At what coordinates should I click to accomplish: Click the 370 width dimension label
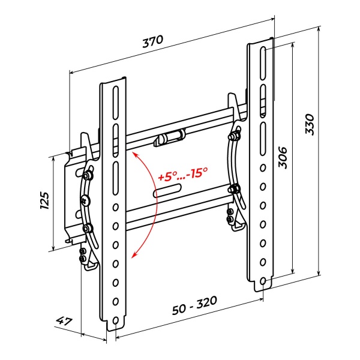[x=152, y=41]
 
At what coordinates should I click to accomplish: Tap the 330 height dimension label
[x=309, y=124]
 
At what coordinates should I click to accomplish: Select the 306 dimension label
[x=283, y=158]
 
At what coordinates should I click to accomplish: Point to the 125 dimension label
[x=45, y=200]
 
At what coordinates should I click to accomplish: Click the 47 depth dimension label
[x=64, y=321]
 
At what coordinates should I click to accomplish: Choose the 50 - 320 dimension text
[x=194, y=305]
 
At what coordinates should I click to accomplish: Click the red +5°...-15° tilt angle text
[x=183, y=174]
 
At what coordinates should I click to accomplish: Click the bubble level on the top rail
[x=170, y=137]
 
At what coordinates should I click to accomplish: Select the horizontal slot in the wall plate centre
[x=167, y=191]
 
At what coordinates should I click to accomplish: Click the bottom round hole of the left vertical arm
[x=115, y=320]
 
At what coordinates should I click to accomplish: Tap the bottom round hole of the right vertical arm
[x=263, y=281]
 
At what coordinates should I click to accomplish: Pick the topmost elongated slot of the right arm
[x=263, y=64]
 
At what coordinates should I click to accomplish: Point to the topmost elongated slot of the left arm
[x=115, y=103]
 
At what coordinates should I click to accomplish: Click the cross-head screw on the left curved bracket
[x=85, y=201]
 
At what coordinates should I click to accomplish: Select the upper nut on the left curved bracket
[x=87, y=176]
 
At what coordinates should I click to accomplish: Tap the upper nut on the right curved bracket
[x=234, y=136]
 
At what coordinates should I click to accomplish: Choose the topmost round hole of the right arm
[x=263, y=168]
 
